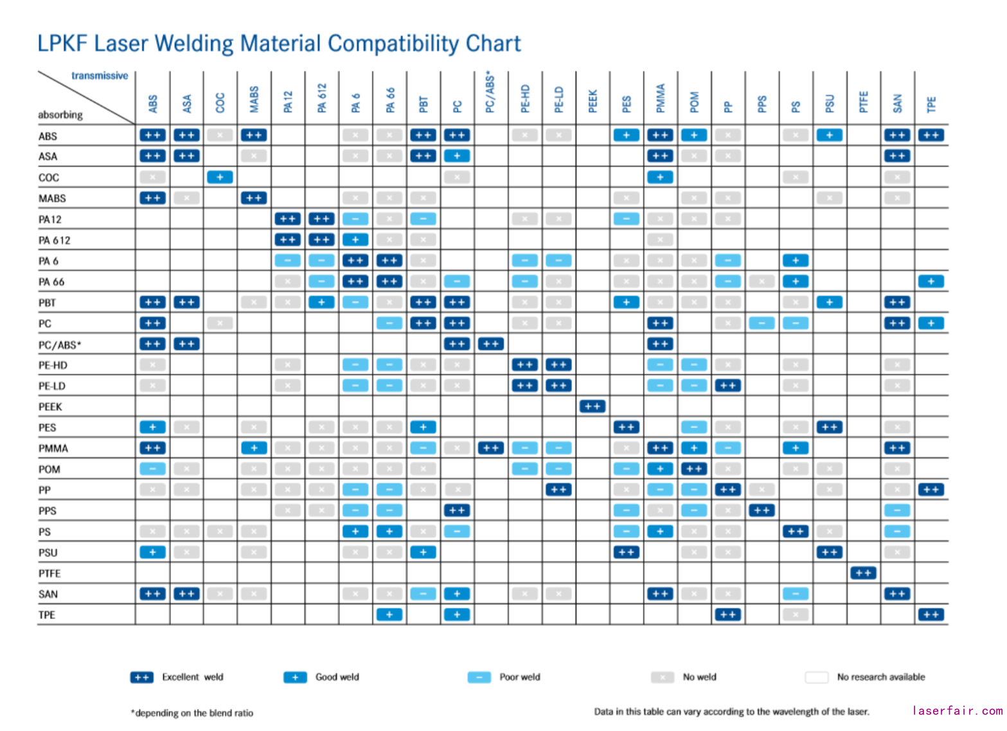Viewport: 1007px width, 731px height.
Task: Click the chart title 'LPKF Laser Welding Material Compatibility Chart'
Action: [x=278, y=44]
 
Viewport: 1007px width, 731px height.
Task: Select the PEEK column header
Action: [x=593, y=101]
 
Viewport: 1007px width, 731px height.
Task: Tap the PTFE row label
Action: [x=49, y=573]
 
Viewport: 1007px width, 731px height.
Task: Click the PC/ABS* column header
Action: [x=491, y=93]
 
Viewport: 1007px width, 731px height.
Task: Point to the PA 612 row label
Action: [x=55, y=240]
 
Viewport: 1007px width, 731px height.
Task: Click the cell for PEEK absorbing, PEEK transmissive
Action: [x=593, y=406]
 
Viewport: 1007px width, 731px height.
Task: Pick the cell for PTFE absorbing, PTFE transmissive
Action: [x=863, y=573]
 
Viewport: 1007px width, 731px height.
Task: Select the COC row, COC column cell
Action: [x=220, y=177]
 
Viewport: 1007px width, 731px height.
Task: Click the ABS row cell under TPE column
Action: [x=931, y=135]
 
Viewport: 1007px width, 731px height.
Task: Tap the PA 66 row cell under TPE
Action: [x=931, y=281]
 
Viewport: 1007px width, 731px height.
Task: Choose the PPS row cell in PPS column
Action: [x=762, y=510]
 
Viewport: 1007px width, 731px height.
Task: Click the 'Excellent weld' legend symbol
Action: [x=141, y=677]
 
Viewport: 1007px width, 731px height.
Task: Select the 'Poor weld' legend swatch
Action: [x=479, y=677]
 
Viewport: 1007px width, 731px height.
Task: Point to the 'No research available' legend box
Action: [x=817, y=677]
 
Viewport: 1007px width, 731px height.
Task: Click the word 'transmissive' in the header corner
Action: [x=100, y=76]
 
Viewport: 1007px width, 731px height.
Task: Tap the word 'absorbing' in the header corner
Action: [x=60, y=115]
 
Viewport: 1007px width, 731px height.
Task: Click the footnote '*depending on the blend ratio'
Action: [x=192, y=713]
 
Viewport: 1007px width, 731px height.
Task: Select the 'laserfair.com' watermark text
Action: [x=957, y=710]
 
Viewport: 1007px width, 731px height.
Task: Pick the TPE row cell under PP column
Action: [x=727, y=615]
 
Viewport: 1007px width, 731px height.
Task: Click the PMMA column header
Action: [x=661, y=98]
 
